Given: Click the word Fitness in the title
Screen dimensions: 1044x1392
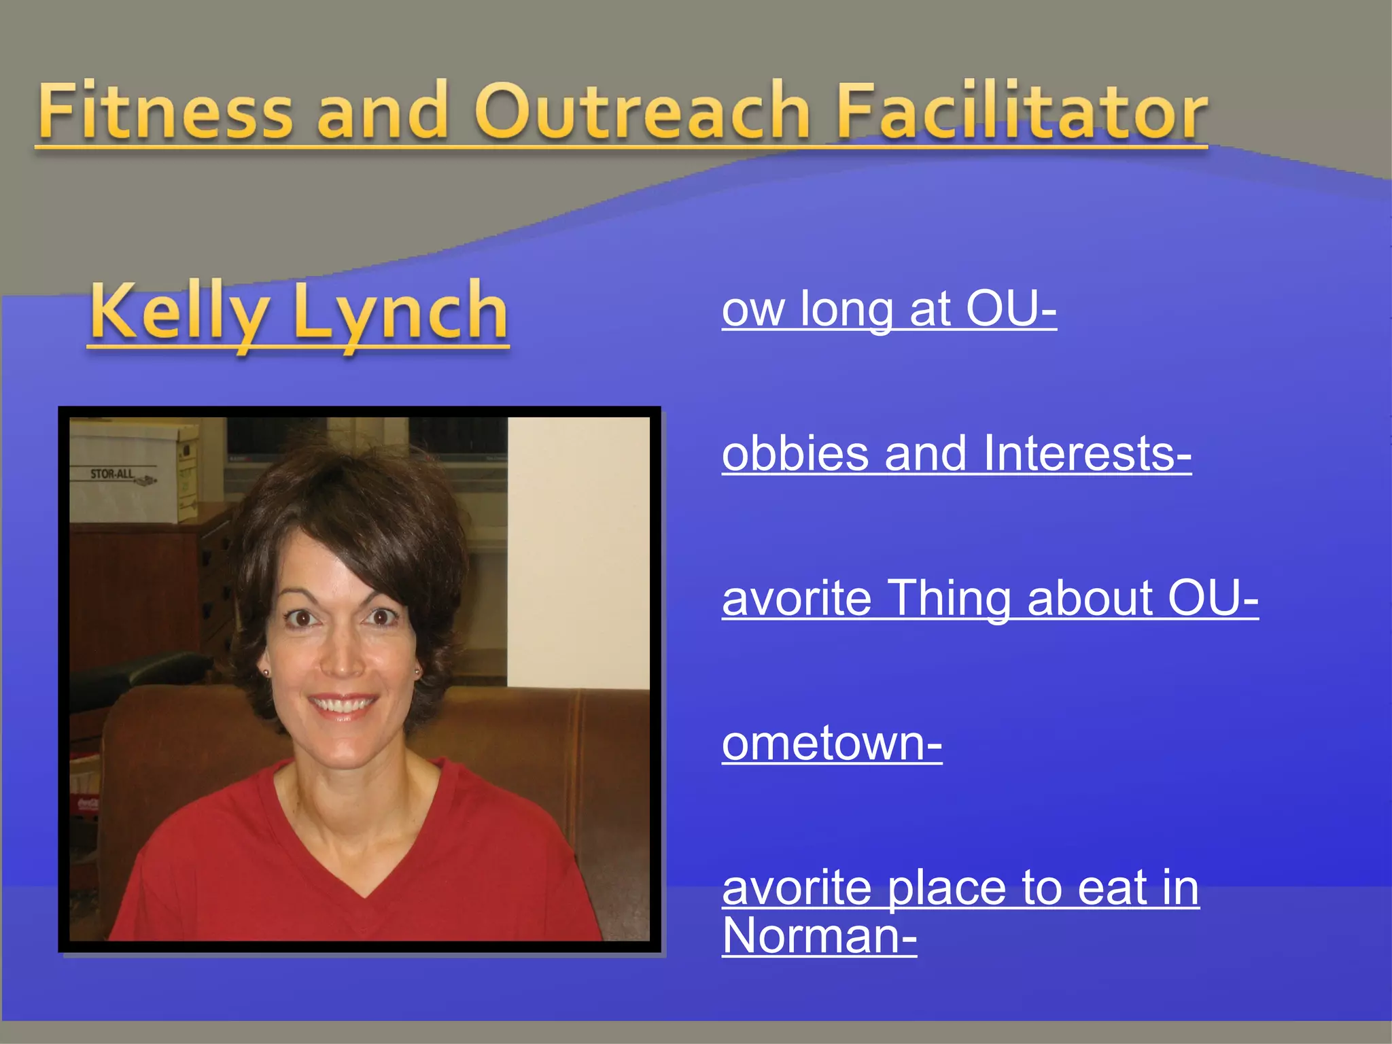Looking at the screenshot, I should pyautogui.click(x=165, y=111).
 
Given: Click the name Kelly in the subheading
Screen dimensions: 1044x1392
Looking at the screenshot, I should pyautogui.click(x=179, y=312).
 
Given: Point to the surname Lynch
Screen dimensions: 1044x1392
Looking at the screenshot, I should pyautogui.click(x=400, y=312).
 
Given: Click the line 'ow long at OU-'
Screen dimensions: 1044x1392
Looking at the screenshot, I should pyautogui.click(x=889, y=309).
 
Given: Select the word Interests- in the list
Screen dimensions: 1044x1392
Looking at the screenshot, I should pyautogui.click(x=1087, y=453).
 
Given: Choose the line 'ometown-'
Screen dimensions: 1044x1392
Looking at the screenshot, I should pyautogui.click(x=832, y=744).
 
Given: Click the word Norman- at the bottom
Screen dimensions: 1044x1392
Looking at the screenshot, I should pyautogui.click(x=819, y=937).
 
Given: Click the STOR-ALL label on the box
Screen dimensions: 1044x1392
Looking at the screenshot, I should pyautogui.click(x=112, y=474).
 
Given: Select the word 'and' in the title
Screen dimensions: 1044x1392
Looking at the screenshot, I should pyautogui.click(x=383, y=111).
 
